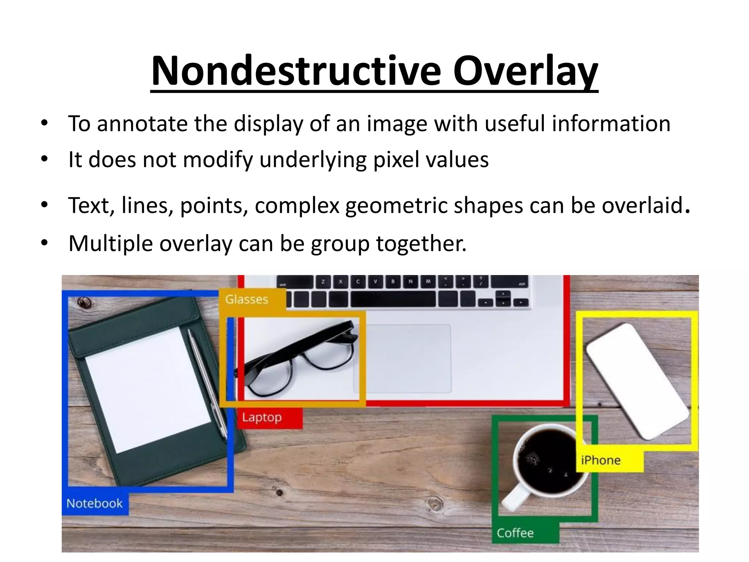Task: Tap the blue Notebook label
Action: pos(95,503)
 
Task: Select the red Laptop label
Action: pos(262,417)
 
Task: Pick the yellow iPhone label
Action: pos(601,460)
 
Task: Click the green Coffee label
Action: pos(515,533)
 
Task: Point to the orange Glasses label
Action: pos(247,300)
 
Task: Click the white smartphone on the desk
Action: pos(637,381)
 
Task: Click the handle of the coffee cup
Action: pos(516,498)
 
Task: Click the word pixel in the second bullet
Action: pos(394,160)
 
